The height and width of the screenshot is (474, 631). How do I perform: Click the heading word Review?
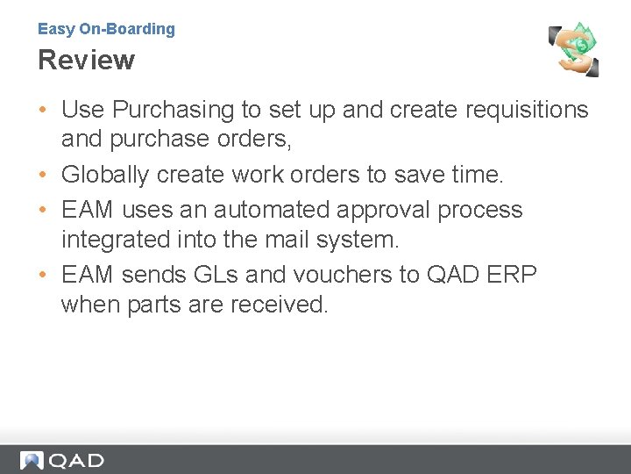point(86,61)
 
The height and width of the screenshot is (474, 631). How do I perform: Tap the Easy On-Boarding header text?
point(106,29)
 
